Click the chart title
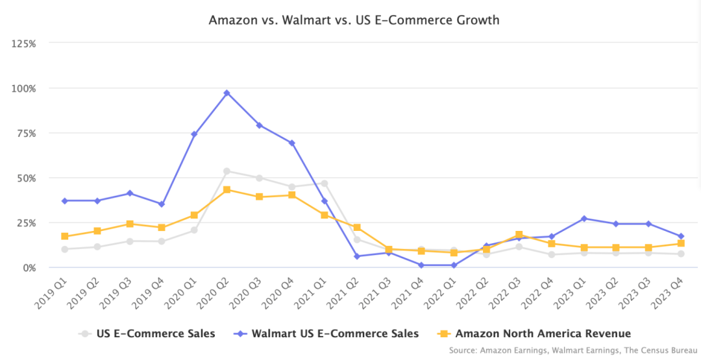354,20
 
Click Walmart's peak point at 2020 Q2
227,93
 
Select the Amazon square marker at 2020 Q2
227,190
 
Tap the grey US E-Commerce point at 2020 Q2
227,171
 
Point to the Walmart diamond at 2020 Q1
194,134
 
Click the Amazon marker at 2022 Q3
519,235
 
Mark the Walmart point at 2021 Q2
356,256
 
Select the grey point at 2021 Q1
324,184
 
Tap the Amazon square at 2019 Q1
65,236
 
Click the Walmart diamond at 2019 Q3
130,193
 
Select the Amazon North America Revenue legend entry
535,334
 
